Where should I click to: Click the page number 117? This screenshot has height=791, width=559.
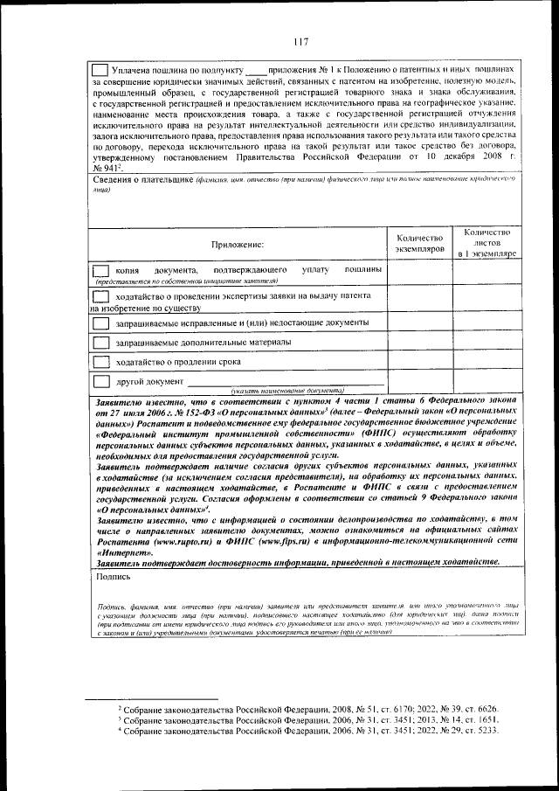pos(301,41)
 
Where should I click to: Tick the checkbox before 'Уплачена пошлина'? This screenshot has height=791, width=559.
pos(100,68)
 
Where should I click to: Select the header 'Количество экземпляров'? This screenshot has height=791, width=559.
pos(419,243)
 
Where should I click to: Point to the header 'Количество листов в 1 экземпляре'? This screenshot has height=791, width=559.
pos(487,242)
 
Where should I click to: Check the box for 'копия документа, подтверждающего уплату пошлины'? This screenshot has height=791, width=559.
pos(101,273)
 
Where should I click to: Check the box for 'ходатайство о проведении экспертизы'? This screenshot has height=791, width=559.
pos(101,297)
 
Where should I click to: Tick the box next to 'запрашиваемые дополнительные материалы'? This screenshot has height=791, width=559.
pos(101,342)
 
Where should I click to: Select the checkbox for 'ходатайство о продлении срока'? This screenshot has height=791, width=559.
pos(101,362)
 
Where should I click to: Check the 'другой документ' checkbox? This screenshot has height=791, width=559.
pos(101,382)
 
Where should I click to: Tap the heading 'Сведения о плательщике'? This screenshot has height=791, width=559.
pos(143,179)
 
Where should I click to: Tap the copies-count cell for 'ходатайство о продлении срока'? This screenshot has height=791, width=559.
pos(419,362)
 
